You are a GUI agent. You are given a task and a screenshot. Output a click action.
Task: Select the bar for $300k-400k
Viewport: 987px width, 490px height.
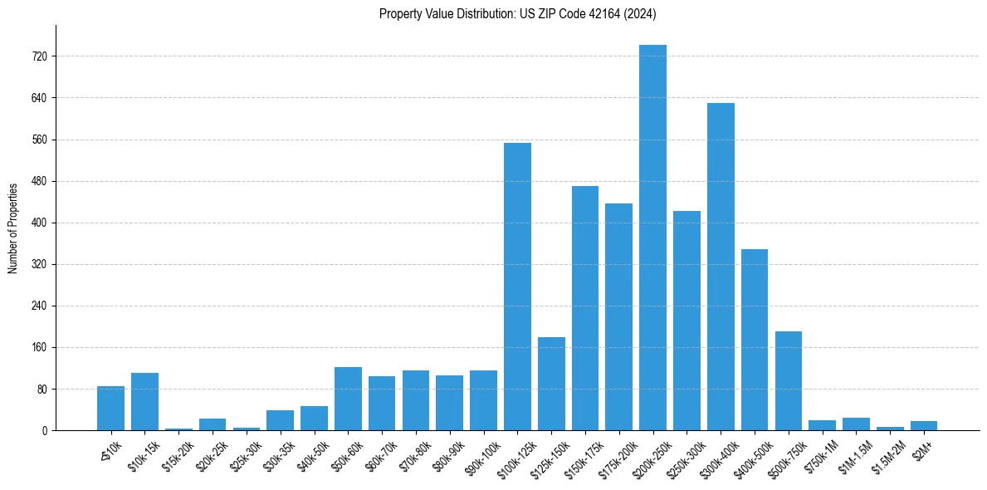pos(721,267)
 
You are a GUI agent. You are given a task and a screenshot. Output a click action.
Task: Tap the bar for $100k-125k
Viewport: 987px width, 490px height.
pos(517,287)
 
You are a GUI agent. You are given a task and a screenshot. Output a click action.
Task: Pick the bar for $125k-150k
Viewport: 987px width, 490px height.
pos(551,384)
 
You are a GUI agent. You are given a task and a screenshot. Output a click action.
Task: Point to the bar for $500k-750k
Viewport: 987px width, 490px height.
pos(789,380)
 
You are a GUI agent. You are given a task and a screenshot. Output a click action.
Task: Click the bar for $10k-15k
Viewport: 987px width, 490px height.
pos(144,402)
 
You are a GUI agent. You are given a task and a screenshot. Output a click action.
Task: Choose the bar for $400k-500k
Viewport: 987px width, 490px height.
pos(755,340)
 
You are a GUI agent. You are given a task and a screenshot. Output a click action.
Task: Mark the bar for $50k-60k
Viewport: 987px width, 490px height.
pos(348,399)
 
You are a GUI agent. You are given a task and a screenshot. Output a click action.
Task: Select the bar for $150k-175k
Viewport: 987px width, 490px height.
pos(585,308)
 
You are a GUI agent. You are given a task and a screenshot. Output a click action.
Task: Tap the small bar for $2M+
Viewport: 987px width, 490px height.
pos(924,426)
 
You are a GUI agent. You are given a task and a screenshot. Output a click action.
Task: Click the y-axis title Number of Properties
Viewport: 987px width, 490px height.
pos(12,228)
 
